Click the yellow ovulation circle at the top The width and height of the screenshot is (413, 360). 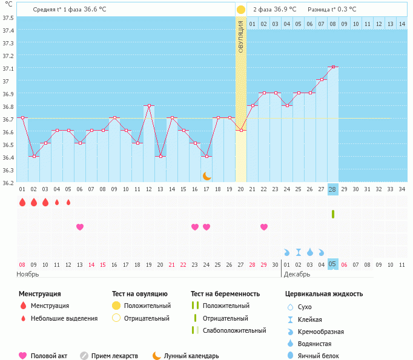[241, 10]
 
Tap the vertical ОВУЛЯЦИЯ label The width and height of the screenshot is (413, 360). [241, 37]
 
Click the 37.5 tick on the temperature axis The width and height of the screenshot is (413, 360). [8, 18]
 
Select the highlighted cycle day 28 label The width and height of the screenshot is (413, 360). [332, 189]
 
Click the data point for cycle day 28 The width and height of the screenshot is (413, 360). [332, 67]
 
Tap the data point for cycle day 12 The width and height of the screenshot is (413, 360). [149, 105]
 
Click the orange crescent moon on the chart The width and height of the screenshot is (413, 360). [207, 175]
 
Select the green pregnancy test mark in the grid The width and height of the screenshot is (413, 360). [332, 214]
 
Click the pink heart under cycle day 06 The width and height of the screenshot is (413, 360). [80, 227]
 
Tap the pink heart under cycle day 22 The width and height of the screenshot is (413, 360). [264, 227]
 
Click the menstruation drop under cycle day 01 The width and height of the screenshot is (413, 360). [22, 202]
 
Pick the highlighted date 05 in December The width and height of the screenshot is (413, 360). [332, 264]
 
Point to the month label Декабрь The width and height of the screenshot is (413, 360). [297, 274]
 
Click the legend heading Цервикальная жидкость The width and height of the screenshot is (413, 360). [324, 294]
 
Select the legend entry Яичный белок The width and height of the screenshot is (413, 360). [323, 356]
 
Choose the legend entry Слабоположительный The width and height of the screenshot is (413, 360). [234, 331]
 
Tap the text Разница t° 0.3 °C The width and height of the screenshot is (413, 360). [332, 10]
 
